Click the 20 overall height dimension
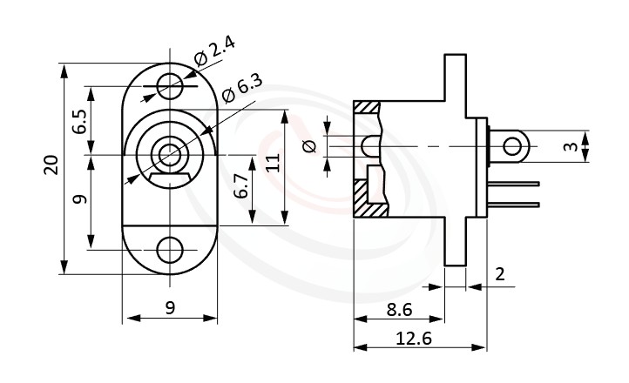[x=51, y=165]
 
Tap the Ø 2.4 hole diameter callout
[x=214, y=51]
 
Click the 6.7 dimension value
[x=241, y=188]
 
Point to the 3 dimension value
[x=570, y=147]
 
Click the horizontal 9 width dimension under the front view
[x=170, y=306]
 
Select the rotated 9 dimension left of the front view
[x=79, y=198]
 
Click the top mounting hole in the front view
[x=170, y=84]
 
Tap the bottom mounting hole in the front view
[x=170, y=250]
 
